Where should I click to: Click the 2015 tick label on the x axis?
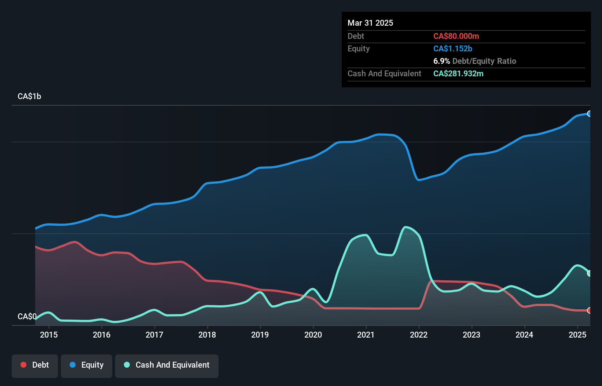point(49,335)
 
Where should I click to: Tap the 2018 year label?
point(207,335)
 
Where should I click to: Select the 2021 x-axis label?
point(366,335)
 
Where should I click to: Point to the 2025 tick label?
point(577,335)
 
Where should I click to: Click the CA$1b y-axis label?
point(29,96)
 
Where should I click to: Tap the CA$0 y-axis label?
point(27,316)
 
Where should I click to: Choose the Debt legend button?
point(35,365)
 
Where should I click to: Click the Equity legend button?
point(87,365)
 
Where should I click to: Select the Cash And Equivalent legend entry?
point(167,365)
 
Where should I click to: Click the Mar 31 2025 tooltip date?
point(370,23)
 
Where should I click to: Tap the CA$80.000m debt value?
point(456,36)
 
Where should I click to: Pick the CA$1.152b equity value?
point(453,48)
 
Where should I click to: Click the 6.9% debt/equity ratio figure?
point(441,61)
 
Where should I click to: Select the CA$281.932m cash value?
point(458,73)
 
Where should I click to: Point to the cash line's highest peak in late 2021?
point(405,227)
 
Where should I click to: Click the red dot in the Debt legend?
point(23,365)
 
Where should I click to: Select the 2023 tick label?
point(471,335)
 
